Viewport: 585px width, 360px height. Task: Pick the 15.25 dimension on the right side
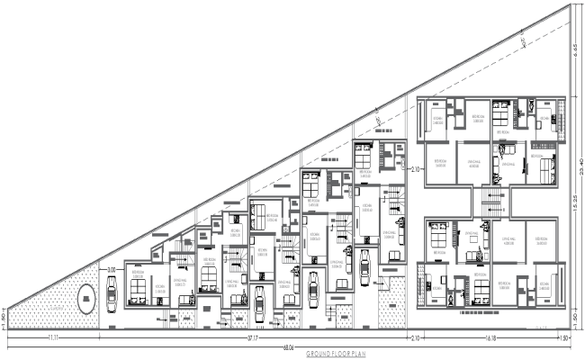(574, 202)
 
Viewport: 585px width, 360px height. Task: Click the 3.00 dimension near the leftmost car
(112, 269)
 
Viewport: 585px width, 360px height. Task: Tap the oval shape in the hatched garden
(85, 299)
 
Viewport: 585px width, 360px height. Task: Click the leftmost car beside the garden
(111, 292)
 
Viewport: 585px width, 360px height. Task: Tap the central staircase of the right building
(490, 200)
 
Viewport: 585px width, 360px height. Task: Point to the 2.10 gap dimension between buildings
(415, 169)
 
